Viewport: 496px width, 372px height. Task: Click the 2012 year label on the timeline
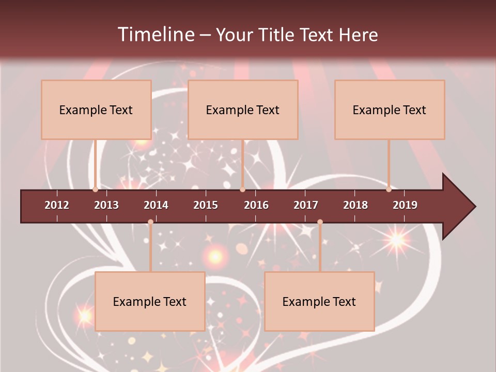point(57,205)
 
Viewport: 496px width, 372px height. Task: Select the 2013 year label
point(106,205)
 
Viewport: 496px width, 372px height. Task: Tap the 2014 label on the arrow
point(156,205)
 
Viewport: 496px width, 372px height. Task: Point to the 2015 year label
point(206,205)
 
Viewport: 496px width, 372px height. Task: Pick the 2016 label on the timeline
point(256,205)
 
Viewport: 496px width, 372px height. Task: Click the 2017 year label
point(306,205)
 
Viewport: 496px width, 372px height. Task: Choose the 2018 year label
point(355,205)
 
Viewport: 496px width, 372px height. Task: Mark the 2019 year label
point(405,205)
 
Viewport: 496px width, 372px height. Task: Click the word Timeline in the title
point(156,35)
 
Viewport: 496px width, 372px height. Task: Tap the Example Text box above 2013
point(96,110)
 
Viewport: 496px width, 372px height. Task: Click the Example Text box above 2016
point(243,110)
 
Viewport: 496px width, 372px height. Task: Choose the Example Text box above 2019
point(390,110)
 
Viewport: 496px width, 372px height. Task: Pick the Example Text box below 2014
point(150,301)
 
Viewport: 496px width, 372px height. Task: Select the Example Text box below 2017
point(319,301)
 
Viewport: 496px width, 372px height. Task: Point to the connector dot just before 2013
point(96,190)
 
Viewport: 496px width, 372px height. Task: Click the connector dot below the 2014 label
point(150,222)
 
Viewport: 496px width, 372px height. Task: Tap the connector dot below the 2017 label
point(320,222)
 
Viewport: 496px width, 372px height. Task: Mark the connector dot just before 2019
point(389,190)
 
